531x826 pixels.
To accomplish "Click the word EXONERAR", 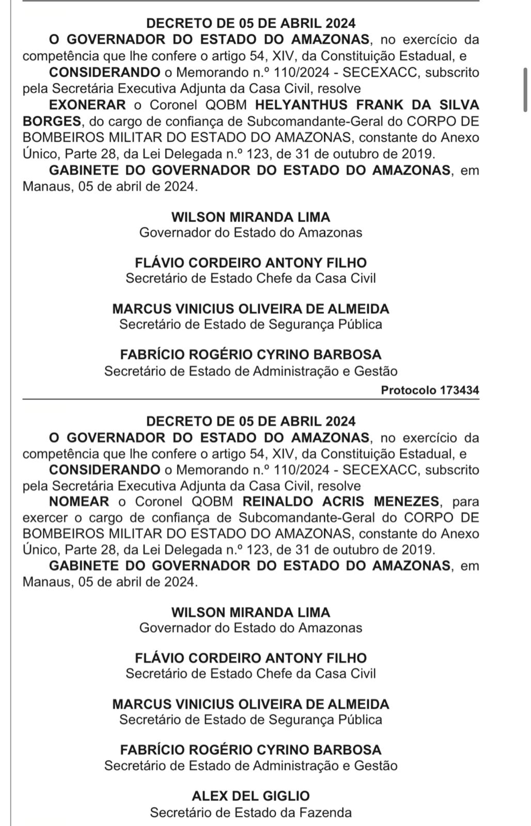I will (x=87, y=105).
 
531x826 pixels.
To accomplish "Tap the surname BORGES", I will (x=52, y=121).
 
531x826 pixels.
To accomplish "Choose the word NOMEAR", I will (x=79, y=501).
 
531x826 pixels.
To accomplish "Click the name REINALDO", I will (x=281, y=501).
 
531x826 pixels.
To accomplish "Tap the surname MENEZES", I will (x=411, y=501).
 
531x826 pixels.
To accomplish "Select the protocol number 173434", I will (x=459, y=390).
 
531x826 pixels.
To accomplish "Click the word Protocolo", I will (x=409, y=390).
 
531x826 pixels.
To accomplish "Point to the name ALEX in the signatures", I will (x=208, y=796).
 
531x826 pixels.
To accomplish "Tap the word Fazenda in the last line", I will (x=326, y=812).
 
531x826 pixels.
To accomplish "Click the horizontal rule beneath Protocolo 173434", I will (x=251, y=399).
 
